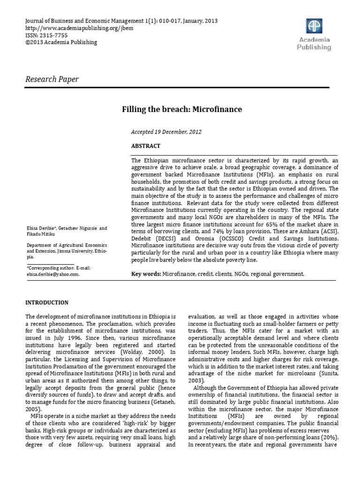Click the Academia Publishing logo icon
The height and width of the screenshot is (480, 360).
[314, 26]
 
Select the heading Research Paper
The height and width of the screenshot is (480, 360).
[52, 79]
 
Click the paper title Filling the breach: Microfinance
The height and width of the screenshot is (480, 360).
[182, 109]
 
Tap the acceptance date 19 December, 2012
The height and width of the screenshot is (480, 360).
[180, 132]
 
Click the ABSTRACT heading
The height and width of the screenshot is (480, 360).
[146, 146]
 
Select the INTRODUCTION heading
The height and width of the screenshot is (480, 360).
[47, 302]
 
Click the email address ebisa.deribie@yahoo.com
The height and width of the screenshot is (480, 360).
[52, 275]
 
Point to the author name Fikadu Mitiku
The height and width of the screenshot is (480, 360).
[39, 233]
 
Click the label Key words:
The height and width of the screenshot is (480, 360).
[146, 273]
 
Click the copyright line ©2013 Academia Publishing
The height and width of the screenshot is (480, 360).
[61, 42]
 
